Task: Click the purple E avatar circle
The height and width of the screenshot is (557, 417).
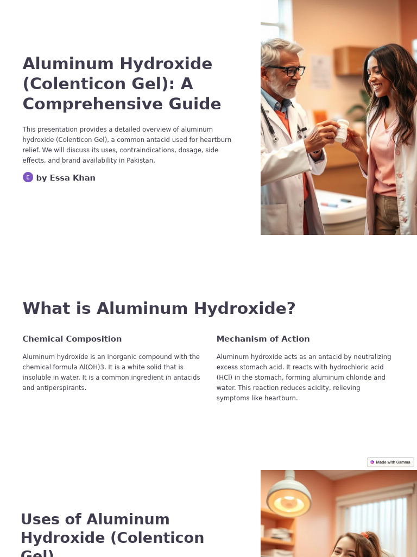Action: point(28,177)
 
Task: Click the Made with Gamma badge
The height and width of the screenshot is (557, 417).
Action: point(390,462)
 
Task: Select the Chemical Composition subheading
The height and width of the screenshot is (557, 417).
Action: point(72,339)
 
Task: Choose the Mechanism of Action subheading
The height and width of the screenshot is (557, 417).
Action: point(263,339)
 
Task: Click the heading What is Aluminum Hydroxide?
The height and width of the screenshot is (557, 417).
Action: point(159,308)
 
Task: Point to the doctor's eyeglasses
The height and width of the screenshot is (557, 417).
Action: point(287,70)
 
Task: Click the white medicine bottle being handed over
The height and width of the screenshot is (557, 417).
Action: point(342,131)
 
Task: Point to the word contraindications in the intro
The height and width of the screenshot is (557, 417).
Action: point(147,150)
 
